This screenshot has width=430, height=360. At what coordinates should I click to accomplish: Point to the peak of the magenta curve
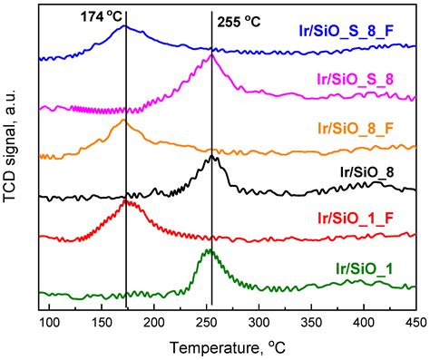pyautogui.click(x=211, y=55)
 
